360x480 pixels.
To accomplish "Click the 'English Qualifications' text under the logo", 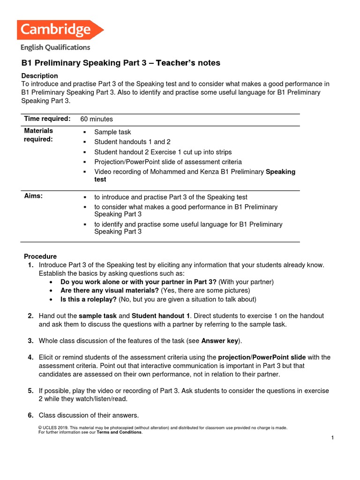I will [55, 47].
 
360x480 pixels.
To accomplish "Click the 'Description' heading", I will [40, 76].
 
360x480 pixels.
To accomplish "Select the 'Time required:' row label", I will [47, 119].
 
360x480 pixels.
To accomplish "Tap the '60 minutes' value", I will [97, 119].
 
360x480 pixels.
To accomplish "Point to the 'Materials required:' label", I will [38, 135].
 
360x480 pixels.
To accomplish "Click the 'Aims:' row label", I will [33, 196].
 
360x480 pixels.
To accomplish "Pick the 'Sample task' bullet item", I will [112, 132].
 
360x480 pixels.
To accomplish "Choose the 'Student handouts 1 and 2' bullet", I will [132, 142].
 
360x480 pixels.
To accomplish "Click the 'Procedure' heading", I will [40, 256].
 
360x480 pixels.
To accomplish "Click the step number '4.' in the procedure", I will [30, 357].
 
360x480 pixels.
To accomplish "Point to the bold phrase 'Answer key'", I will [220, 341].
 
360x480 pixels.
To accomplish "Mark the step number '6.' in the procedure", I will [30, 415].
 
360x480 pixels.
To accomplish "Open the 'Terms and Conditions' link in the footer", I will [119, 432].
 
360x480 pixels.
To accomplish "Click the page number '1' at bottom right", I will [332, 438].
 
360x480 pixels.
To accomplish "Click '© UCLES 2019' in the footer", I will [54, 427].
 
